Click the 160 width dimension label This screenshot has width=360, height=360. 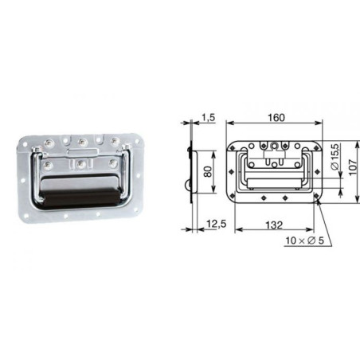click(x=276, y=117)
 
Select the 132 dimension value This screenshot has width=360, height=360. click(x=274, y=225)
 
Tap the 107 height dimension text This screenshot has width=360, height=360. click(x=354, y=167)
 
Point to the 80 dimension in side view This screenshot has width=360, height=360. click(x=208, y=172)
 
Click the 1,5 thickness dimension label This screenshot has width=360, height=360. click(x=208, y=118)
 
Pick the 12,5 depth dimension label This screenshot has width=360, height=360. click(x=217, y=224)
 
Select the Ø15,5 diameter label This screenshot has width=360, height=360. click(x=335, y=157)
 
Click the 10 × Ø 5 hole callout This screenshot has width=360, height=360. click(x=305, y=241)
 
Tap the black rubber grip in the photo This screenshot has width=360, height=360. click(x=80, y=198)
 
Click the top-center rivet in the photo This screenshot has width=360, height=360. click(x=82, y=143)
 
